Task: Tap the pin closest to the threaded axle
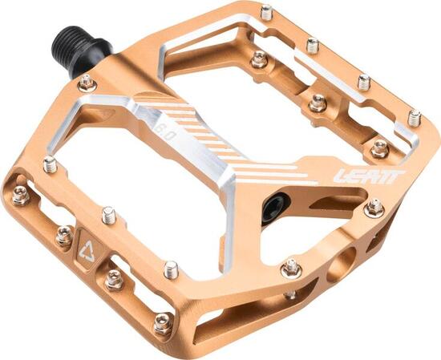pyautogui.click(x=87, y=82)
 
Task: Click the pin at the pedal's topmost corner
pyautogui.click(x=265, y=11)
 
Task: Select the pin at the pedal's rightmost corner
pyautogui.click(x=414, y=118)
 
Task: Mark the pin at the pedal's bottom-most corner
pyautogui.click(x=164, y=324)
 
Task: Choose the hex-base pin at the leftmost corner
pyautogui.click(x=19, y=193)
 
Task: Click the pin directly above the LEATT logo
pyautogui.click(x=379, y=148)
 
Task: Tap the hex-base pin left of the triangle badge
pyautogui.click(x=63, y=235)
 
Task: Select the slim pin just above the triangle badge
pyautogui.click(x=108, y=215)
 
